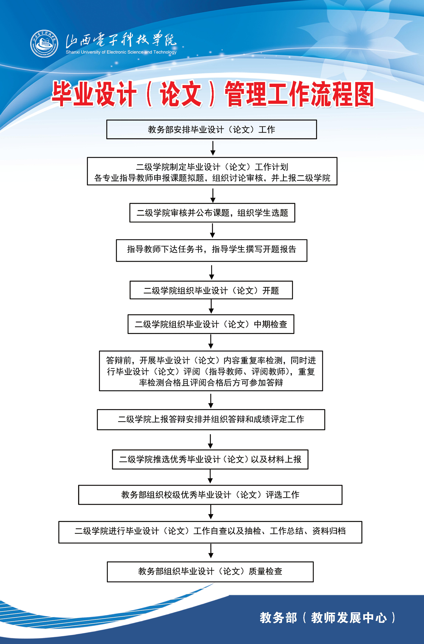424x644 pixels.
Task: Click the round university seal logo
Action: point(44,44)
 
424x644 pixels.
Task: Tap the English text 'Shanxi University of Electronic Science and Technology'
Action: point(121,52)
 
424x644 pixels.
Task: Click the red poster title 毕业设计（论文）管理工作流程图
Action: point(212,94)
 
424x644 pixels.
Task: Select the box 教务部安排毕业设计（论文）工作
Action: point(211,129)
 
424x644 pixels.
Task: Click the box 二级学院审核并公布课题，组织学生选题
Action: point(212,213)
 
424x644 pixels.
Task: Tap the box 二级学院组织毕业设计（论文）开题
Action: point(211,290)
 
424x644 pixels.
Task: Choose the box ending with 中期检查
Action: point(211,324)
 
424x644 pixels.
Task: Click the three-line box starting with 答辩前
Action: point(211,371)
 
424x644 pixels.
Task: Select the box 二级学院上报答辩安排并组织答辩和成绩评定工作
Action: point(211,419)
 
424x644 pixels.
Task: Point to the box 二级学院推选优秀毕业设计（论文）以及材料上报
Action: point(210,459)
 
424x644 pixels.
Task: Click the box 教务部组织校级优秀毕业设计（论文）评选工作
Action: point(210,495)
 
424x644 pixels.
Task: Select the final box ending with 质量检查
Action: point(210,571)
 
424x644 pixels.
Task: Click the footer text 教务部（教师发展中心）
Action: point(327,618)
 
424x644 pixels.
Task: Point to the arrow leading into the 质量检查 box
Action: point(211,551)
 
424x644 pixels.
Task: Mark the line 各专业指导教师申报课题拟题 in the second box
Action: point(212,178)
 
